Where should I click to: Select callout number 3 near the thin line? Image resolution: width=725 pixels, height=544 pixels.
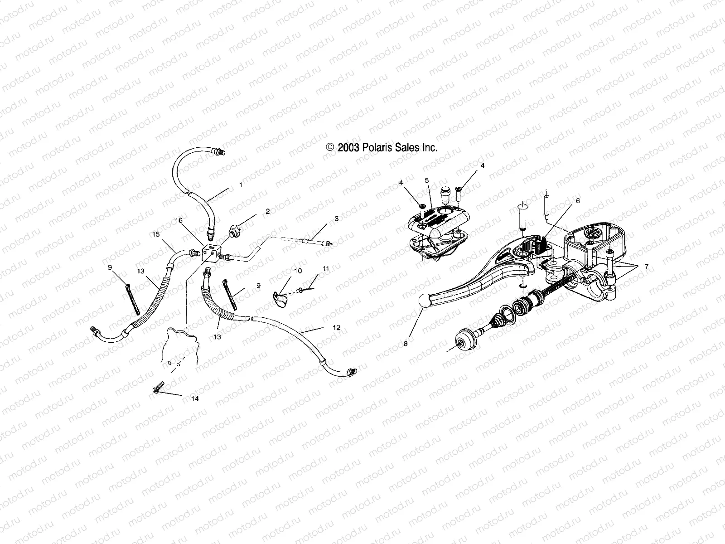[336, 219]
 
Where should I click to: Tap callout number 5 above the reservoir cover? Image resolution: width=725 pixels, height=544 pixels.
[426, 180]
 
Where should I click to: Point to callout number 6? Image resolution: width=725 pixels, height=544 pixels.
[577, 200]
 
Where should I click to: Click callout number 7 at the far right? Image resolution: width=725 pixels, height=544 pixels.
[647, 267]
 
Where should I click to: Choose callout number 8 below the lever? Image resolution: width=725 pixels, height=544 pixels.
[406, 344]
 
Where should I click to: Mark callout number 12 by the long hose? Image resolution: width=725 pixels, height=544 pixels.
[336, 327]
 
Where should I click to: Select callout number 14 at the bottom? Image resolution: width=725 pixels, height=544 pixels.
[195, 398]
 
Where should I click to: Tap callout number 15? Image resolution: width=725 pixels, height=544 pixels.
[156, 234]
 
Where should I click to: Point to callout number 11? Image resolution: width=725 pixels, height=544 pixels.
[326, 268]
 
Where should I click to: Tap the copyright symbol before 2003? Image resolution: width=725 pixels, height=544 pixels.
[330, 147]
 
